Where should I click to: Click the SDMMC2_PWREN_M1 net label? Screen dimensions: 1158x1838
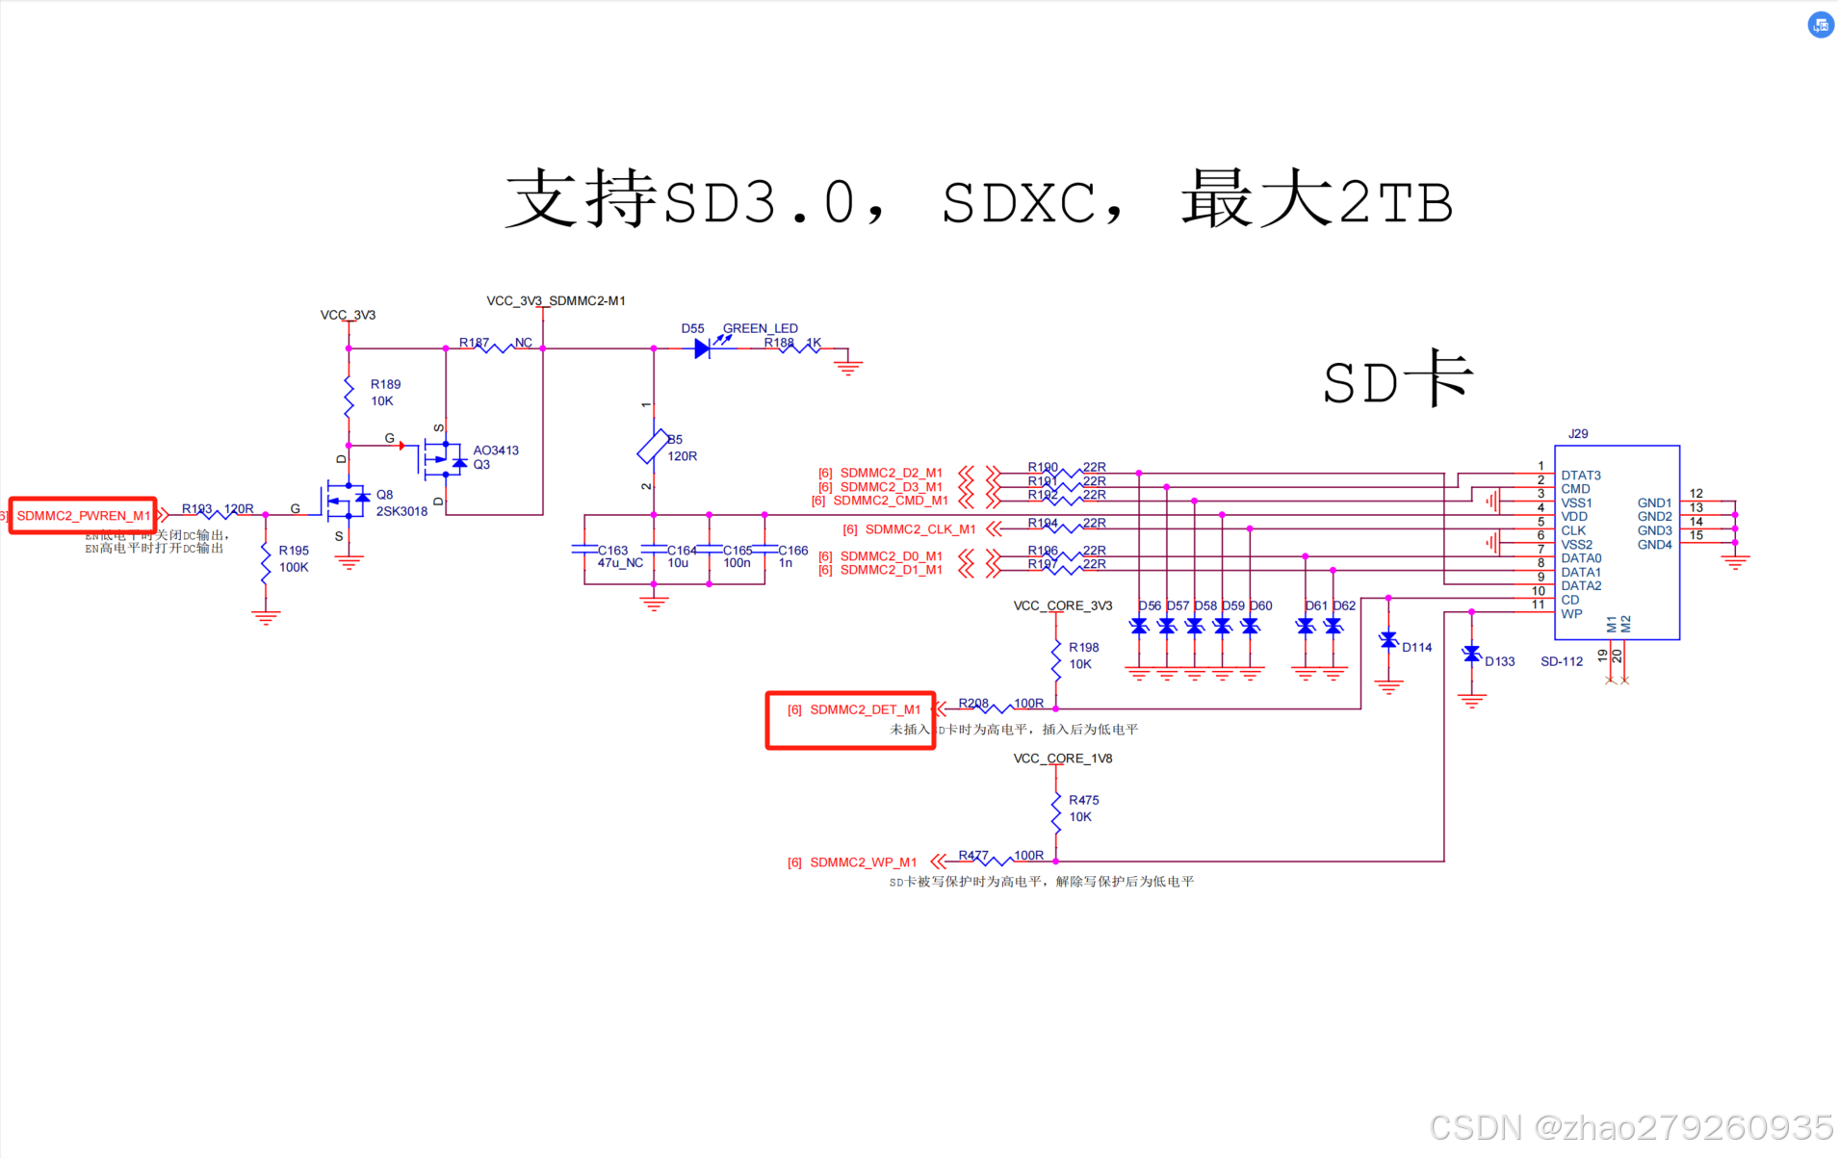click(x=84, y=516)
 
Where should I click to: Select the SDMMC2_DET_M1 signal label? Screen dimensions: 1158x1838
click(x=865, y=709)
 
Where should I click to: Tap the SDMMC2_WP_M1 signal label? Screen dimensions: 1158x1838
click(x=863, y=862)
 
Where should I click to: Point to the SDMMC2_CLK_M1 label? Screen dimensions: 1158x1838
click(x=919, y=529)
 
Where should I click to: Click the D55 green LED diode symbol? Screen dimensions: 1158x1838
click(x=702, y=348)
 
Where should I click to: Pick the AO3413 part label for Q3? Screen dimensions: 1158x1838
click(x=496, y=450)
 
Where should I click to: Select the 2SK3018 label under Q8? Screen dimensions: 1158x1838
click(x=401, y=511)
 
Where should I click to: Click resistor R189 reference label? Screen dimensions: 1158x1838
click(x=385, y=384)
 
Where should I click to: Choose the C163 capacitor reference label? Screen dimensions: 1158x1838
click(x=612, y=551)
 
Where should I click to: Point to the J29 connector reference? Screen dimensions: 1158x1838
click(x=1578, y=434)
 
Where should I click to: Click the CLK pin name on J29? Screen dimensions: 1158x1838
click(x=1573, y=530)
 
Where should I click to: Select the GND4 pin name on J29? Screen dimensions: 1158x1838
click(x=1654, y=545)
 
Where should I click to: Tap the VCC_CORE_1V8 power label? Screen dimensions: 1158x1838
click(x=1062, y=759)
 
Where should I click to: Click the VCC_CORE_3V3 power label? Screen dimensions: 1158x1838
click(x=1062, y=605)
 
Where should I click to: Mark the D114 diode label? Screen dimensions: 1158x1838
click(x=1416, y=648)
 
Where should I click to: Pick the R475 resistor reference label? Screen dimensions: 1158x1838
click(x=1083, y=800)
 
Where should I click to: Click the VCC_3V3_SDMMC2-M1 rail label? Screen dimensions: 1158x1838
click(x=556, y=301)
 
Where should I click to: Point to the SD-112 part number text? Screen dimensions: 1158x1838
click(x=1561, y=661)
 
